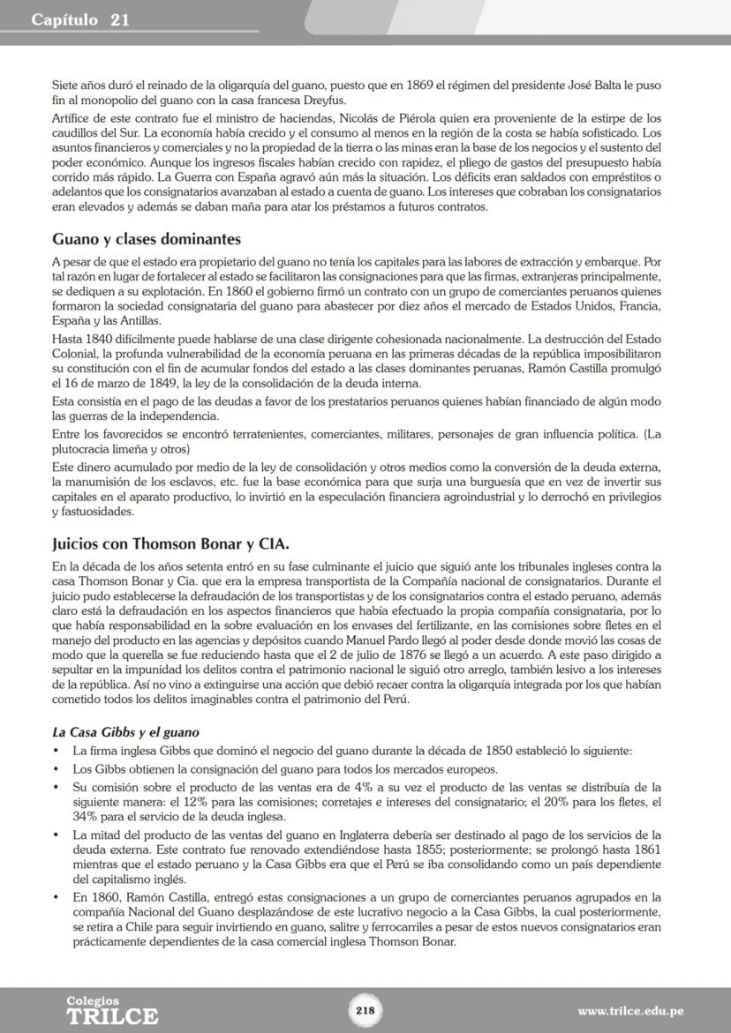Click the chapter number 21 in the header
(x=119, y=19)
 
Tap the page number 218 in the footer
(x=365, y=1011)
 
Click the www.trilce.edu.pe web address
(x=630, y=1011)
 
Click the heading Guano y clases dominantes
(x=147, y=240)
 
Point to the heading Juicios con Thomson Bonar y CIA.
(x=170, y=544)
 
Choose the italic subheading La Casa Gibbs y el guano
(x=125, y=732)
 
